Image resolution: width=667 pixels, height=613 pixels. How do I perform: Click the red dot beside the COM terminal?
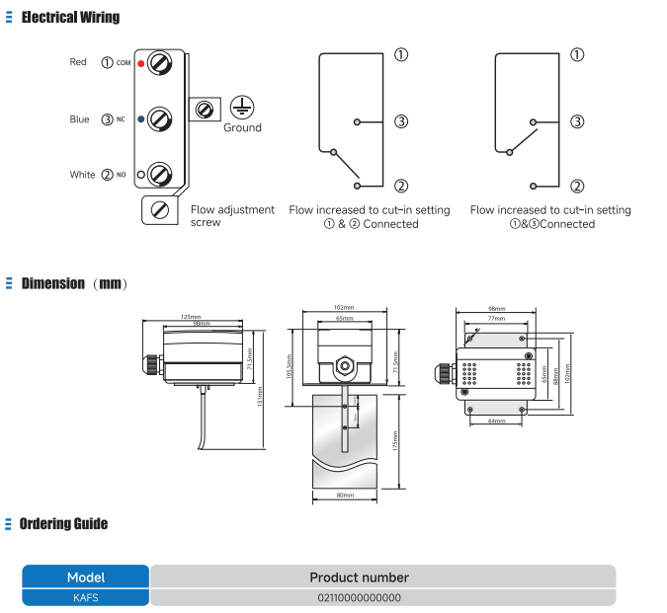point(141,63)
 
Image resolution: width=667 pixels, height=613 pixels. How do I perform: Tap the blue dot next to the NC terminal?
point(141,119)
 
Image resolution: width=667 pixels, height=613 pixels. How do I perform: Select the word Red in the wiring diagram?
point(78,62)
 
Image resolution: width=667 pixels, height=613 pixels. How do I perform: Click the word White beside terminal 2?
point(82,175)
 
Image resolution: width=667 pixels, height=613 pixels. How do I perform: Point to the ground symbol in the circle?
point(241,107)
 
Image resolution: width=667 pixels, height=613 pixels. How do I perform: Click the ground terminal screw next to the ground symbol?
point(205,108)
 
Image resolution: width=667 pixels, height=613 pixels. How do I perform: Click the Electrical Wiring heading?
point(70,17)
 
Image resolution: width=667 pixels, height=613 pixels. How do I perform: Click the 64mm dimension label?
point(498,421)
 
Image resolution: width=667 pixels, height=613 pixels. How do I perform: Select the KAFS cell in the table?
point(85,597)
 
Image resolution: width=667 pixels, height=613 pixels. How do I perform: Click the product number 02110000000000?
point(359,597)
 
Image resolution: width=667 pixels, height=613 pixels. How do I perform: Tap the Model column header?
point(85,577)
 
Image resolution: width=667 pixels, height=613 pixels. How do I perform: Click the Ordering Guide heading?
point(63,524)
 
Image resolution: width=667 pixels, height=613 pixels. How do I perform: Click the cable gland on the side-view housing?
point(151,363)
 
